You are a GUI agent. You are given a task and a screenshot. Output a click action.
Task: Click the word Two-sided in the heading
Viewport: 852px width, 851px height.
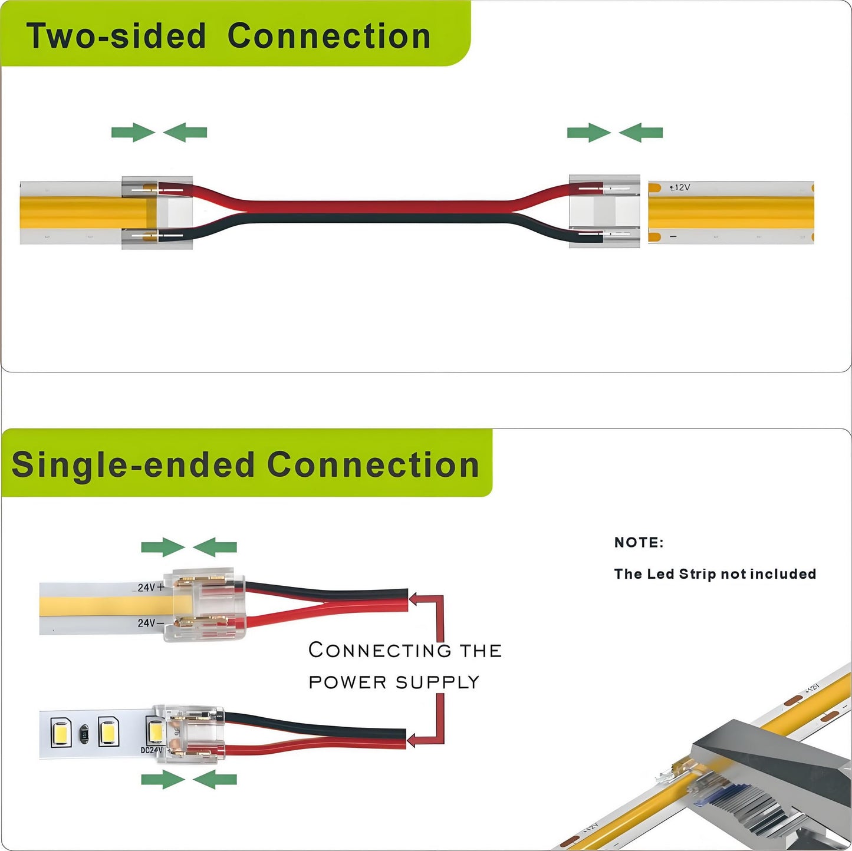[x=116, y=36]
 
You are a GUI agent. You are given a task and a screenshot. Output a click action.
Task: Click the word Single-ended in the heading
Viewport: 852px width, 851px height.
[x=133, y=465]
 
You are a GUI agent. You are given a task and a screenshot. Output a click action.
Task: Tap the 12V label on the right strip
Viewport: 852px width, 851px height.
[x=681, y=187]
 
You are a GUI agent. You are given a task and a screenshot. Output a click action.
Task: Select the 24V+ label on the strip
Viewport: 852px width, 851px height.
[x=150, y=588]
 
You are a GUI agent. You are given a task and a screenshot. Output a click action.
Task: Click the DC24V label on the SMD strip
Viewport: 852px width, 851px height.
[x=151, y=750]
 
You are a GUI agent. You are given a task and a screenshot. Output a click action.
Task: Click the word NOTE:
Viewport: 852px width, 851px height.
[x=639, y=543]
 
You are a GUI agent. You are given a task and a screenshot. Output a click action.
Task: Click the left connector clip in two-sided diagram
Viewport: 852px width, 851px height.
[x=157, y=212]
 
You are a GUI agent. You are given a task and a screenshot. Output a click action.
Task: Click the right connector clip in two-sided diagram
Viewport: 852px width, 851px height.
[x=604, y=211]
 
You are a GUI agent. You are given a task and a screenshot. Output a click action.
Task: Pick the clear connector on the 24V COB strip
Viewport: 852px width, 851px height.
[x=205, y=605]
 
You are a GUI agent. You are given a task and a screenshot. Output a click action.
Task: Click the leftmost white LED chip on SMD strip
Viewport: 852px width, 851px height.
[x=61, y=731]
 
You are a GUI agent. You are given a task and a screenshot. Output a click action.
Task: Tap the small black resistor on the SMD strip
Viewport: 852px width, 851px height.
[x=84, y=733]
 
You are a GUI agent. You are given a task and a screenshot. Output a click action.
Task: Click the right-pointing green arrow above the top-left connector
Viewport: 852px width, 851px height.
[x=133, y=133]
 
